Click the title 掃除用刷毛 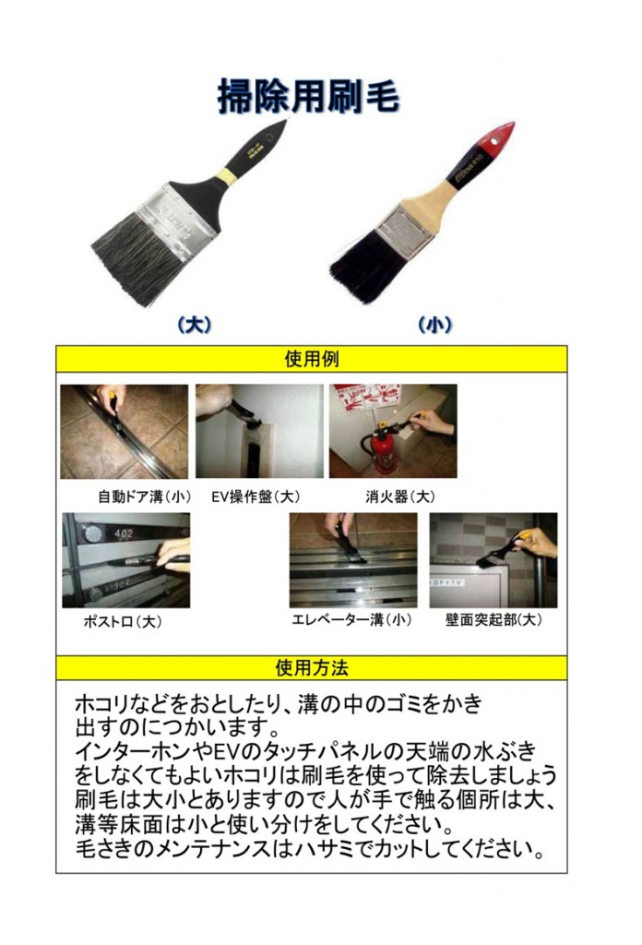309,96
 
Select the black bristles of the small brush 364,262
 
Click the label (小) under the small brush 434,324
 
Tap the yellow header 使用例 311,359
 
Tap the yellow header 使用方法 311,667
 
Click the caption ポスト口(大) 123,622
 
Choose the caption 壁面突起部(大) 493,620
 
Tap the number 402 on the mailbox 125,532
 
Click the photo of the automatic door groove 124,431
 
